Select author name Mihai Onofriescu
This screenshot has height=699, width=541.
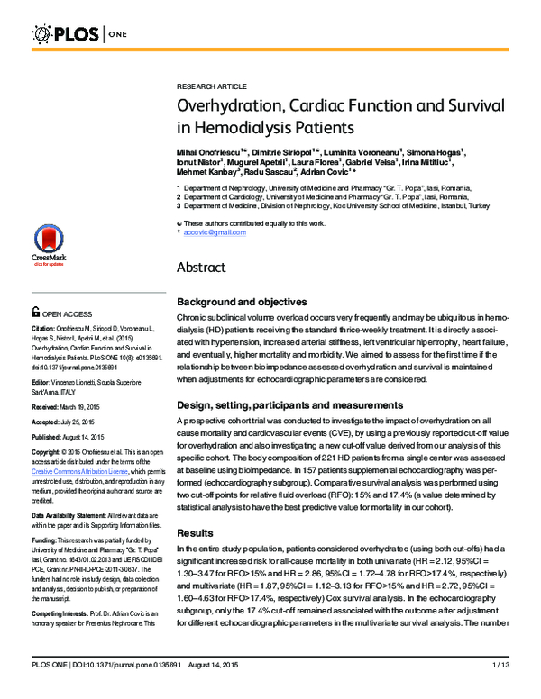point(208,147)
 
